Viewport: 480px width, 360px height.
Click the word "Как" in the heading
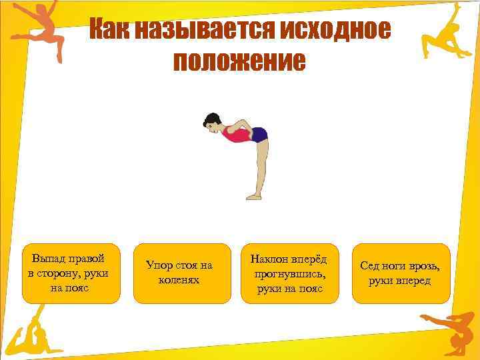click(109, 30)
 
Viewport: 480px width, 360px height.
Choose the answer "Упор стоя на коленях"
click(179, 273)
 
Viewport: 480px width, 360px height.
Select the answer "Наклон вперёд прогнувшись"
click(289, 273)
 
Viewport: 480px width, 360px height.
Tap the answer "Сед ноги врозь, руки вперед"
click(400, 273)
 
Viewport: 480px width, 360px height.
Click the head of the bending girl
click(212, 123)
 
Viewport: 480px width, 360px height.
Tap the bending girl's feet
click(254, 196)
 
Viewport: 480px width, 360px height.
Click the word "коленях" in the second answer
click(179, 280)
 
